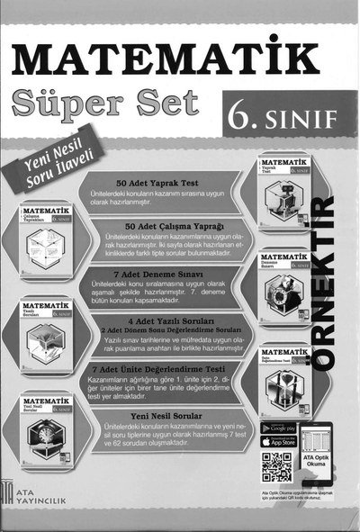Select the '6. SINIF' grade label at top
(x=283, y=117)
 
